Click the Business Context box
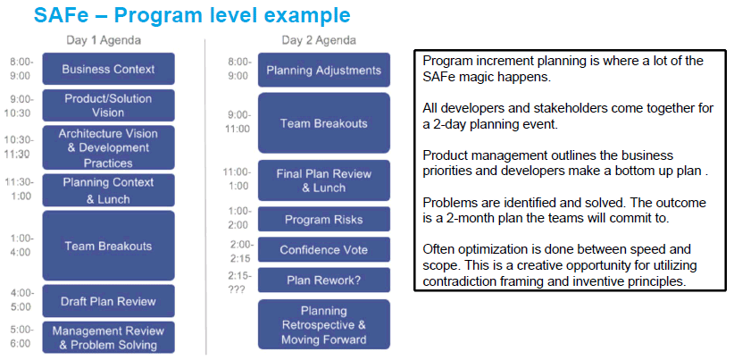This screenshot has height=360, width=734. pos(109,69)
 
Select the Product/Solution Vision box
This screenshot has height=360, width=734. pos(109,105)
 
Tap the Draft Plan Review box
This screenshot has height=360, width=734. pos(109,301)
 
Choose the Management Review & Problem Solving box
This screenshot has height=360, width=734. pos(109,338)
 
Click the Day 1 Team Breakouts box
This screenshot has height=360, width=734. pos(109,246)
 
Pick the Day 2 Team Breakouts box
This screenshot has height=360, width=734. pos(324,123)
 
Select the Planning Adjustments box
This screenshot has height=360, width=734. pos(324,70)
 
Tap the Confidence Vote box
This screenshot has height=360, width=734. pos(324,249)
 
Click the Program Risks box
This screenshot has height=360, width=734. pos(324,219)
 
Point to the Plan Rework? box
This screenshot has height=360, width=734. pos(324,280)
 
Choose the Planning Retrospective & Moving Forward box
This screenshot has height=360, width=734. pos(324,324)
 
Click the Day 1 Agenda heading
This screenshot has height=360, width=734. pos(104,41)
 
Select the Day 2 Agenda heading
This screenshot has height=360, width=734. pos(319,41)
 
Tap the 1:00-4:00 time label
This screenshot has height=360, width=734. pos(21,246)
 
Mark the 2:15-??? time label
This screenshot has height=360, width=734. pos(240,281)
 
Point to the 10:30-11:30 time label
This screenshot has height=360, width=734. pos(19,147)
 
